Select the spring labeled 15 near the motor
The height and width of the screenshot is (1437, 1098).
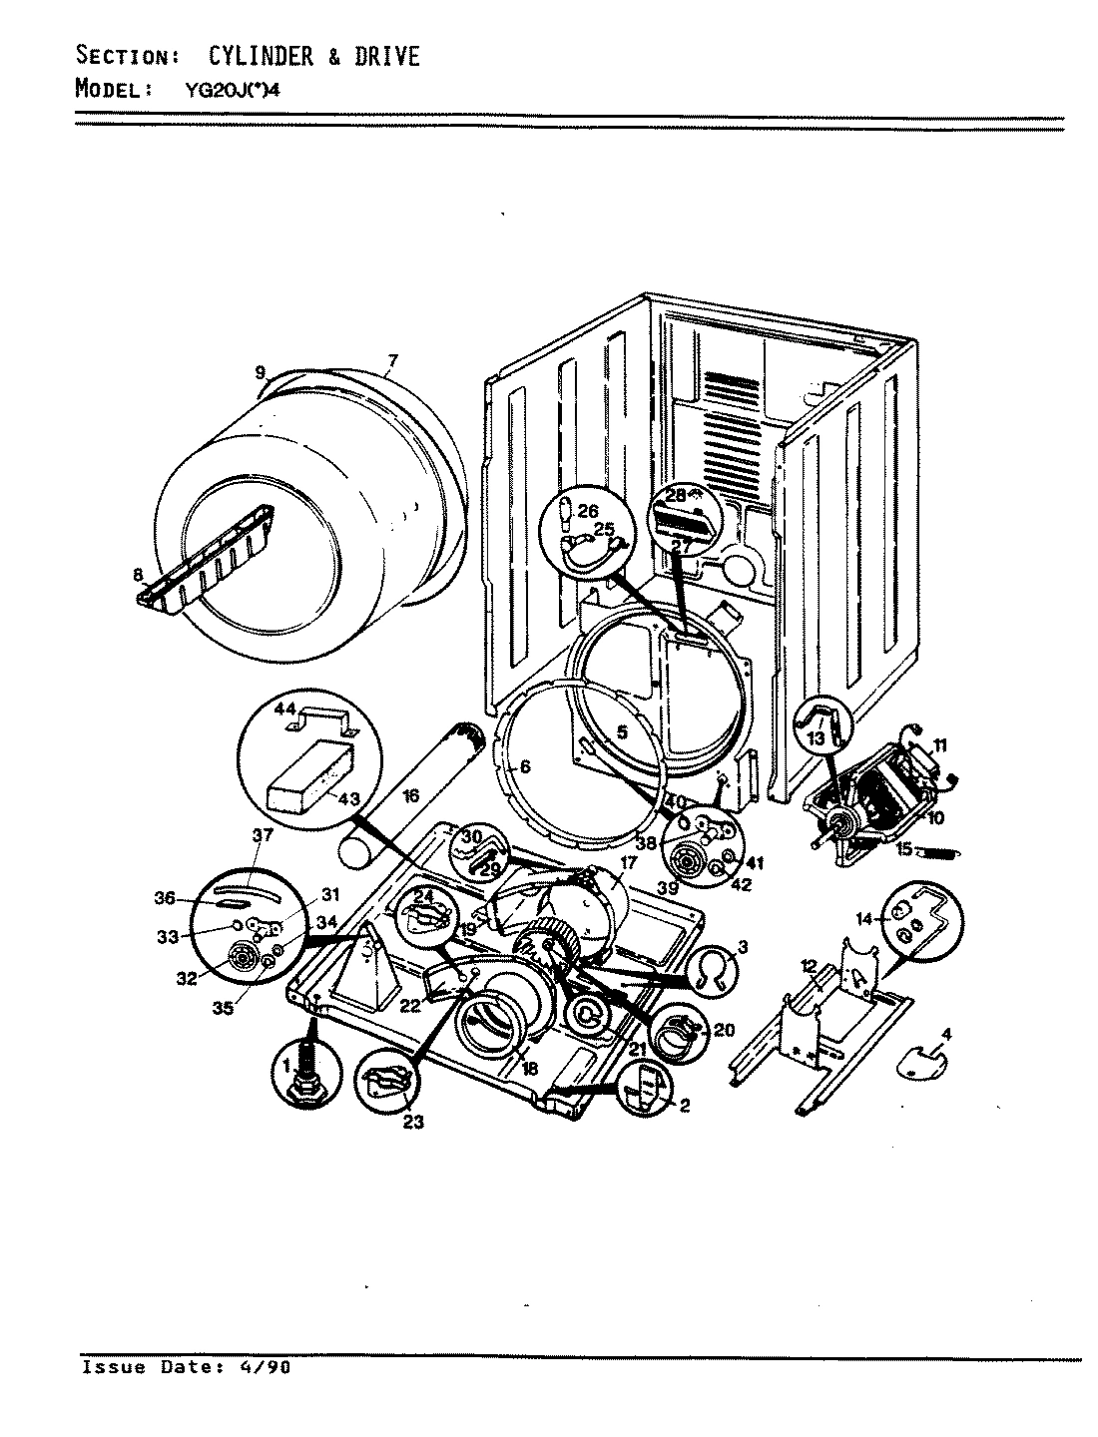tap(938, 852)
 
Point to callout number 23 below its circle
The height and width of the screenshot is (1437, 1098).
tap(413, 1123)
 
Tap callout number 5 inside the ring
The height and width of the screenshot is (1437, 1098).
tap(622, 731)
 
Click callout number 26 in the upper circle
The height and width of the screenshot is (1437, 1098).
tap(588, 510)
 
